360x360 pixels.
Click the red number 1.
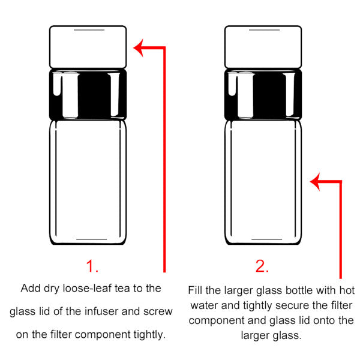[x=92, y=266]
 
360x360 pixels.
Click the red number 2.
[x=262, y=266]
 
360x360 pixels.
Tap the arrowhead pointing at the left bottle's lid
[x=139, y=48]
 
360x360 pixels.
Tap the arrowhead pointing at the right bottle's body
[x=315, y=182]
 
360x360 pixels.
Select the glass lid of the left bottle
[x=88, y=47]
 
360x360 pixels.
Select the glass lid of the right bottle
[x=263, y=47]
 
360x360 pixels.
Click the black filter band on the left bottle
[x=88, y=94]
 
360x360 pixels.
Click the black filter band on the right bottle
[x=263, y=94]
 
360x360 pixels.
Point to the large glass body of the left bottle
[x=88, y=182]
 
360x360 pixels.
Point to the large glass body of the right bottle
[x=263, y=182]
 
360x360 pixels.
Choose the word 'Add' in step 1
[x=31, y=288]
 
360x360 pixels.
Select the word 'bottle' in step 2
[x=299, y=290]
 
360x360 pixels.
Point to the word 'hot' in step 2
[x=347, y=290]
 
